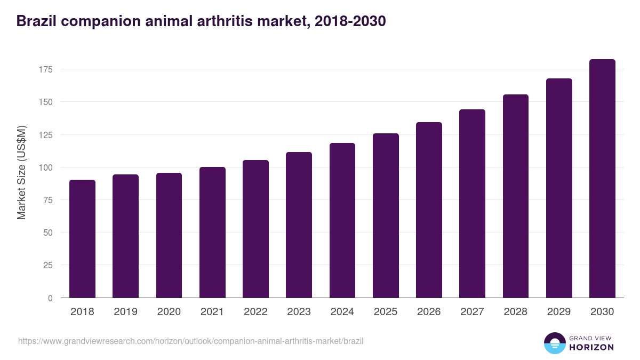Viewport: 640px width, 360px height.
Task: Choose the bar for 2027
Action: (472, 204)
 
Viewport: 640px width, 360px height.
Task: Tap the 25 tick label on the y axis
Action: (47, 265)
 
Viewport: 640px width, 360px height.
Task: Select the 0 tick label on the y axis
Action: (50, 298)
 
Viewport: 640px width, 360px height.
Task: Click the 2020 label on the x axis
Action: (169, 312)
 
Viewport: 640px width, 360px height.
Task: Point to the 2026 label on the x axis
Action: (429, 312)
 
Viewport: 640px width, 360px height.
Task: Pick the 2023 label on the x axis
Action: (299, 312)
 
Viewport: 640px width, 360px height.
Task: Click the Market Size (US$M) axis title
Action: (21, 172)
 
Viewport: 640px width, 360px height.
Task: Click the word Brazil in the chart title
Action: (36, 21)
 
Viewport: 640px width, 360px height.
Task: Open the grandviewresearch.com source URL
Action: (190, 341)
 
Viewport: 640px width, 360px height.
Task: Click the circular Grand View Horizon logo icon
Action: (554, 343)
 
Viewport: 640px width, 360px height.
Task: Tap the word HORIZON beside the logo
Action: (591, 347)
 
